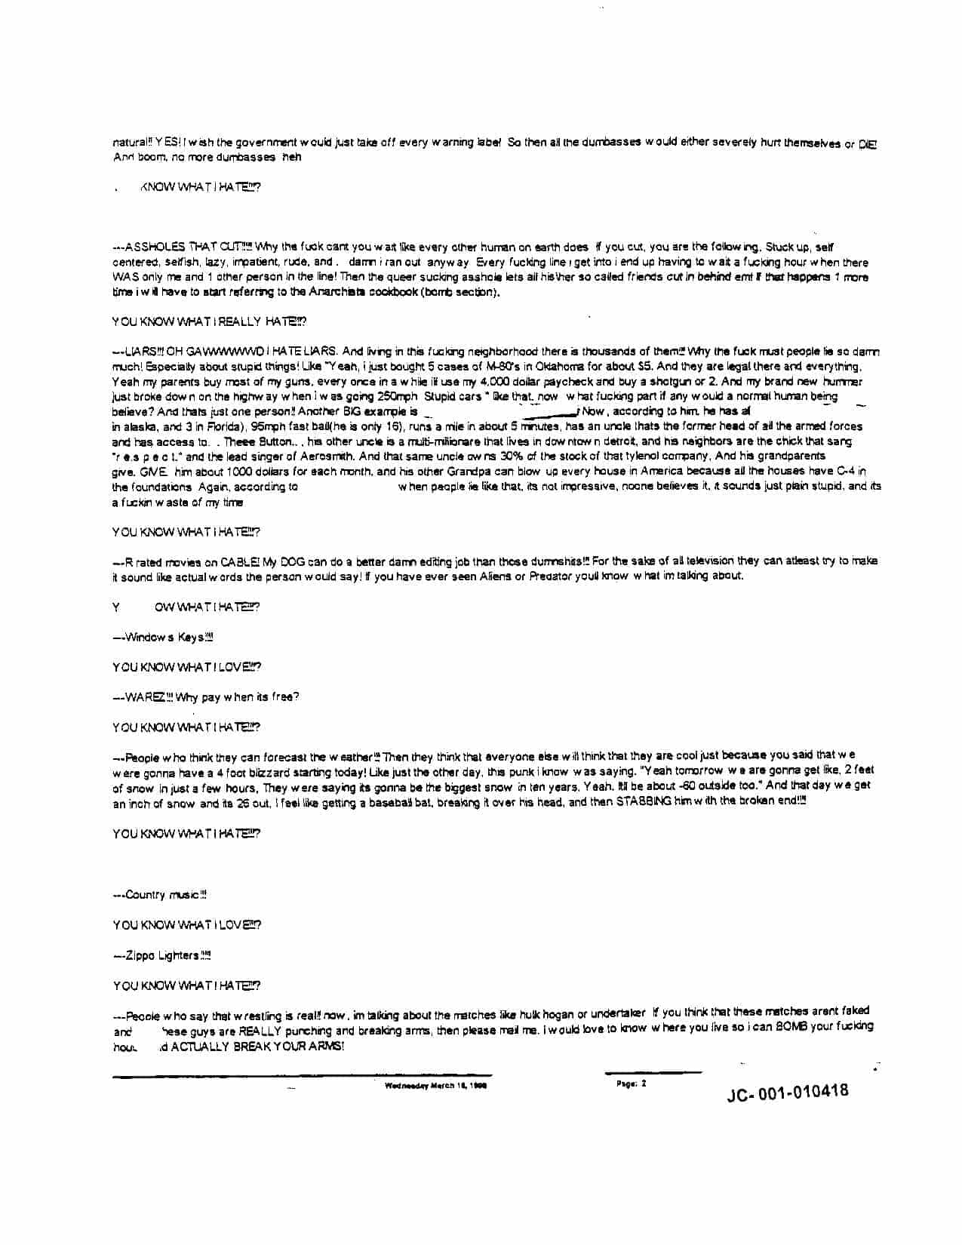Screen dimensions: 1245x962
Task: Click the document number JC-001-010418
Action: coord(787,1092)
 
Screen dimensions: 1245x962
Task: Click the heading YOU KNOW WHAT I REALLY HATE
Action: coord(209,321)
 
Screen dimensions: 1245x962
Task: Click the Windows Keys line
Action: coord(163,638)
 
